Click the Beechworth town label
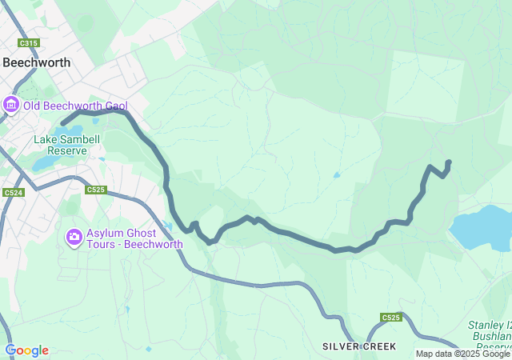point(37,62)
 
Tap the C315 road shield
point(29,43)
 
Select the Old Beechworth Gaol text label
point(76,106)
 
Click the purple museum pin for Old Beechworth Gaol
point(10,105)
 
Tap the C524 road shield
point(13,193)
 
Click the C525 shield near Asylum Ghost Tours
point(95,190)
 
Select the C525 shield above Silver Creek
point(390,318)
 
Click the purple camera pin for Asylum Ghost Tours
point(74,236)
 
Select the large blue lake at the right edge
point(480,227)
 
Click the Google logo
point(26,350)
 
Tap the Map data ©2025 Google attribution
point(462,354)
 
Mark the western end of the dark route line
point(62,123)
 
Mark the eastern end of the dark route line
point(449,162)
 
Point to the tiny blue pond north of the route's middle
point(337,174)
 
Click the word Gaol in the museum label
point(114,106)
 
